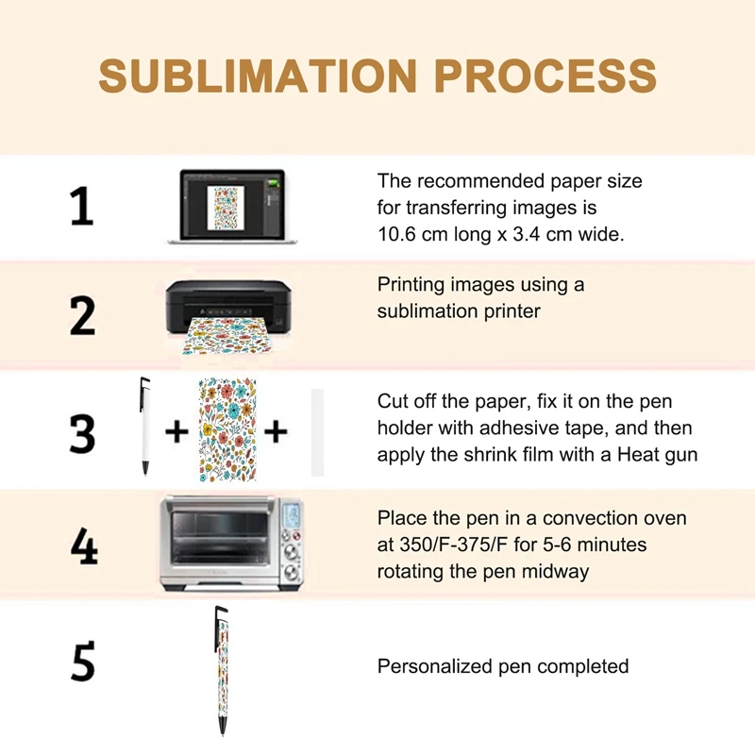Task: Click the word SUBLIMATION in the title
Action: (x=257, y=75)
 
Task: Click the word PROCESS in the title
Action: (x=545, y=75)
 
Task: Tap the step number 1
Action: (x=82, y=207)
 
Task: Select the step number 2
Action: (x=82, y=315)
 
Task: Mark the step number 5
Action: (x=83, y=662)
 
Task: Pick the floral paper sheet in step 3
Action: (x=227, y=429)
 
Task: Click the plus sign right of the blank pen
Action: (x=176, y=432)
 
